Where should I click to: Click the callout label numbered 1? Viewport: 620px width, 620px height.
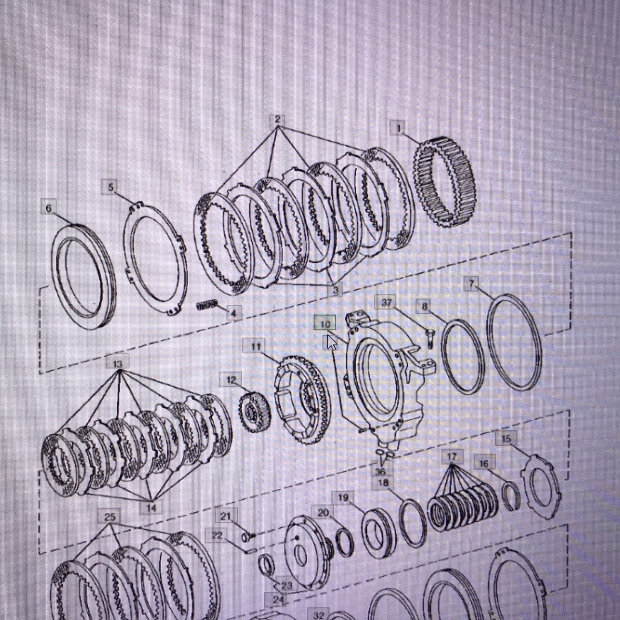point(399,129)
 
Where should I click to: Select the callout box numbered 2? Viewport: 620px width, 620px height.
point(278,119)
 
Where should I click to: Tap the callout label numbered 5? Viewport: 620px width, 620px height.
point(111,187)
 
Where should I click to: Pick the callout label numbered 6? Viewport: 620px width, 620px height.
point(49,208)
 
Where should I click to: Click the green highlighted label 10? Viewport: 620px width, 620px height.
point(325,324)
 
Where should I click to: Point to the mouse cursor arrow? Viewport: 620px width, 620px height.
point(331,342)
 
